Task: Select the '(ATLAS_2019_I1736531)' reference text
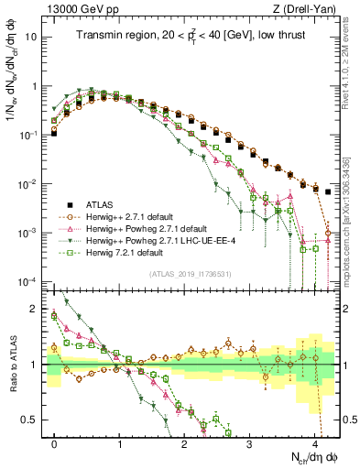coord(190,275)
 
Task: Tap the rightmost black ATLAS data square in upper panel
coord(329,191)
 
